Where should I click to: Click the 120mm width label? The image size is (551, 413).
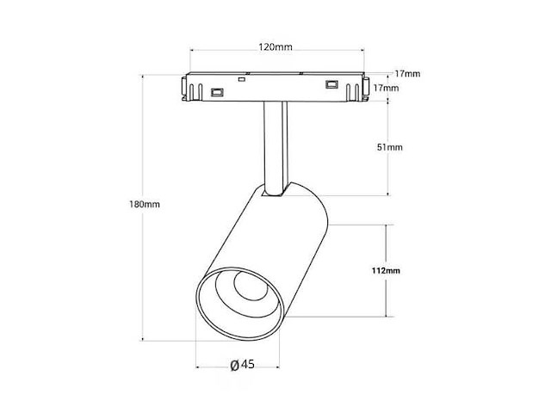coord(275,46)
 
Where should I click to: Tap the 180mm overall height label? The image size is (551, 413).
coord(145,204)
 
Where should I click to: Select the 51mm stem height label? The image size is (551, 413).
coord(390,147)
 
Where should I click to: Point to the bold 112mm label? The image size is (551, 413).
coord(386,270)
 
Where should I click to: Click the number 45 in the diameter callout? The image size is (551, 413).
coord(248,364)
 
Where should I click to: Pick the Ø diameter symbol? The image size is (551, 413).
coord(235,365)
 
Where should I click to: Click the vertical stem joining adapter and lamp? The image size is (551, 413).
coord(275,148)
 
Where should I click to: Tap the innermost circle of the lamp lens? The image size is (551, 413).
coord(251,285)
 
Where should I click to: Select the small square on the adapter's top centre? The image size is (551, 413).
coord(241,79)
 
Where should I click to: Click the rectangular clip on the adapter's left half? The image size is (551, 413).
coord(217,92)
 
